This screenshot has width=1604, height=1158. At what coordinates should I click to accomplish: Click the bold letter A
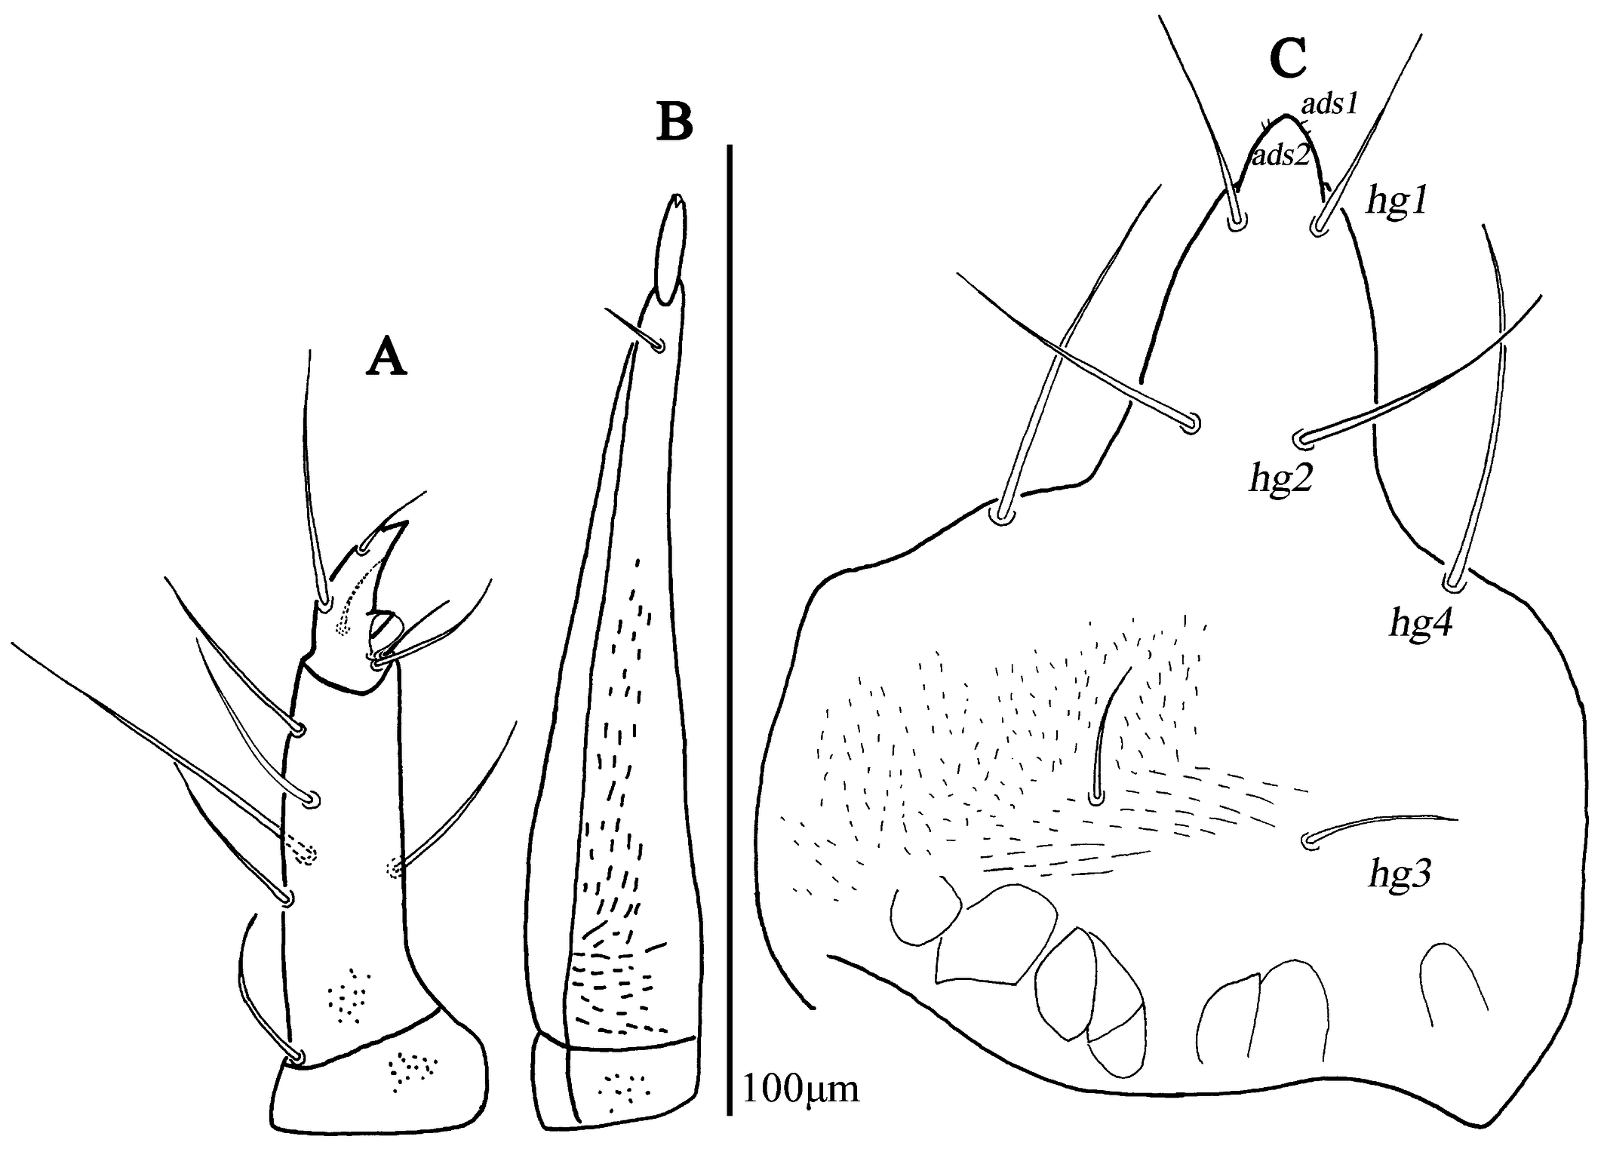click(386, 356)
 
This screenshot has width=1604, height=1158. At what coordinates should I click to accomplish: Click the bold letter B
click(675, 123)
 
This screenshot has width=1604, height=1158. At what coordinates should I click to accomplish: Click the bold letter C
click(1288, 59)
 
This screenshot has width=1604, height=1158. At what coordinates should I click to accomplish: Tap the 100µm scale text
click(801, 1089)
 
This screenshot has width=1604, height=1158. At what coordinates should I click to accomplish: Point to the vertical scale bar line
click(730, 630)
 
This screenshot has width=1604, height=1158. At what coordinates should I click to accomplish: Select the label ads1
click(1329, 104)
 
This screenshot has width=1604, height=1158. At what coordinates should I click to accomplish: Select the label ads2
click(1280, 155)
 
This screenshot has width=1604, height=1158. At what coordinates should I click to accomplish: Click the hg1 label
click(1397, 202)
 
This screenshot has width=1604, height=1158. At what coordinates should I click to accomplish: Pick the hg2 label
click(1281, 477)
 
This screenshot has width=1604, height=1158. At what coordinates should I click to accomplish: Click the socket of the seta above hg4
click(1449, 583)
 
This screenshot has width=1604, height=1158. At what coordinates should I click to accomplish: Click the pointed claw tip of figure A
click(407, 522)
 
